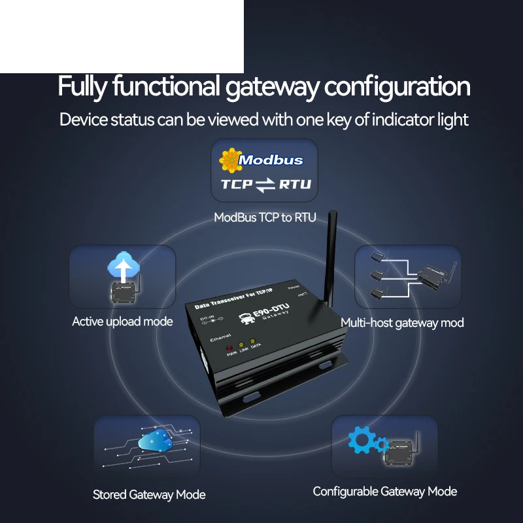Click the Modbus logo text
(271, 160)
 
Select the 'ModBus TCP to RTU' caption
(265, 217)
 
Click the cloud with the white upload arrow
(122, 267)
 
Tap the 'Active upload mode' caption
(122, 322)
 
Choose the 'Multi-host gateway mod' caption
(402, 323)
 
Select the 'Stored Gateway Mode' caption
(149, 495)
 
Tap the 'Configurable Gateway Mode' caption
(384, 492)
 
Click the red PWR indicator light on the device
(230, 347)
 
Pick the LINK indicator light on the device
(242, 346)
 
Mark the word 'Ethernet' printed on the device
(220, 340)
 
